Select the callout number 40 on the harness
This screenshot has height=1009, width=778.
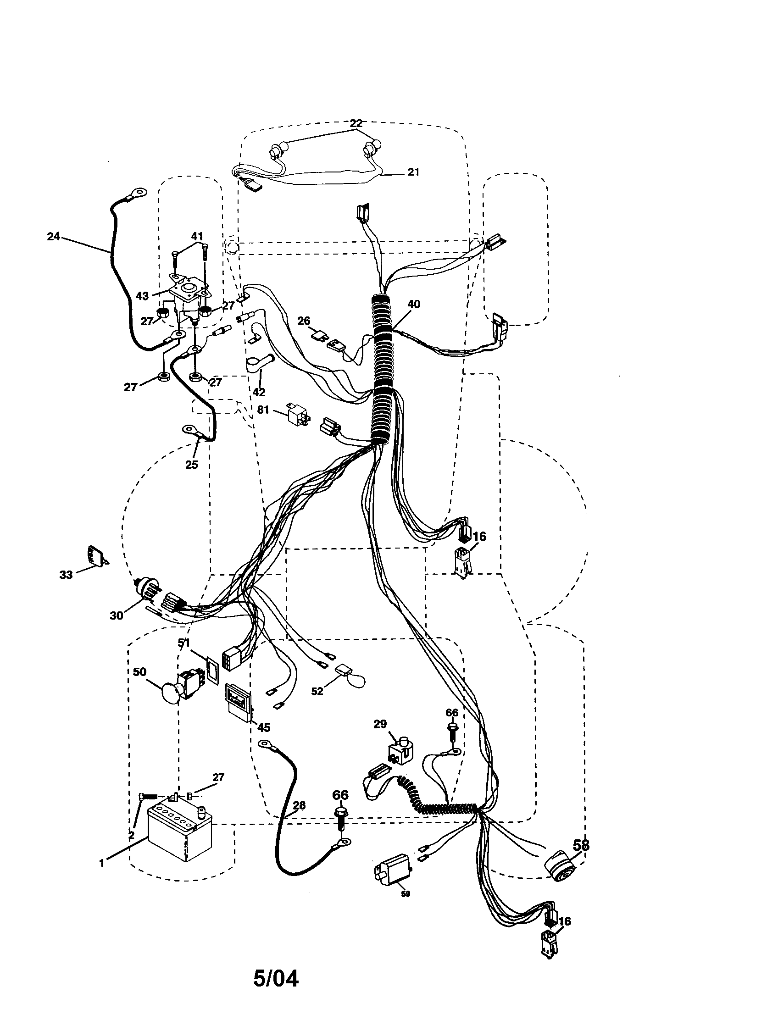pyautogui.click(x=414, y=304)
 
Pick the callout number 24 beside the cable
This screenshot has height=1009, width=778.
pyautogui.click(x=54, y=236)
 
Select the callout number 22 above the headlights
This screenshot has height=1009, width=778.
pyautogui.click(x=356, y=123)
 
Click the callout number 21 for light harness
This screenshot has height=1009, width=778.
pyautogui.click(x=413, y=172)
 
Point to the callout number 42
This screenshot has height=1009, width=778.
pyautogui.click(x=259, y=392)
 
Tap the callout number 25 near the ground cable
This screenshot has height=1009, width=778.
pyautogui.click(x=191, y=465)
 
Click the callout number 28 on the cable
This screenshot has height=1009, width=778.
pyautogui.click(x=299, y=805)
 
